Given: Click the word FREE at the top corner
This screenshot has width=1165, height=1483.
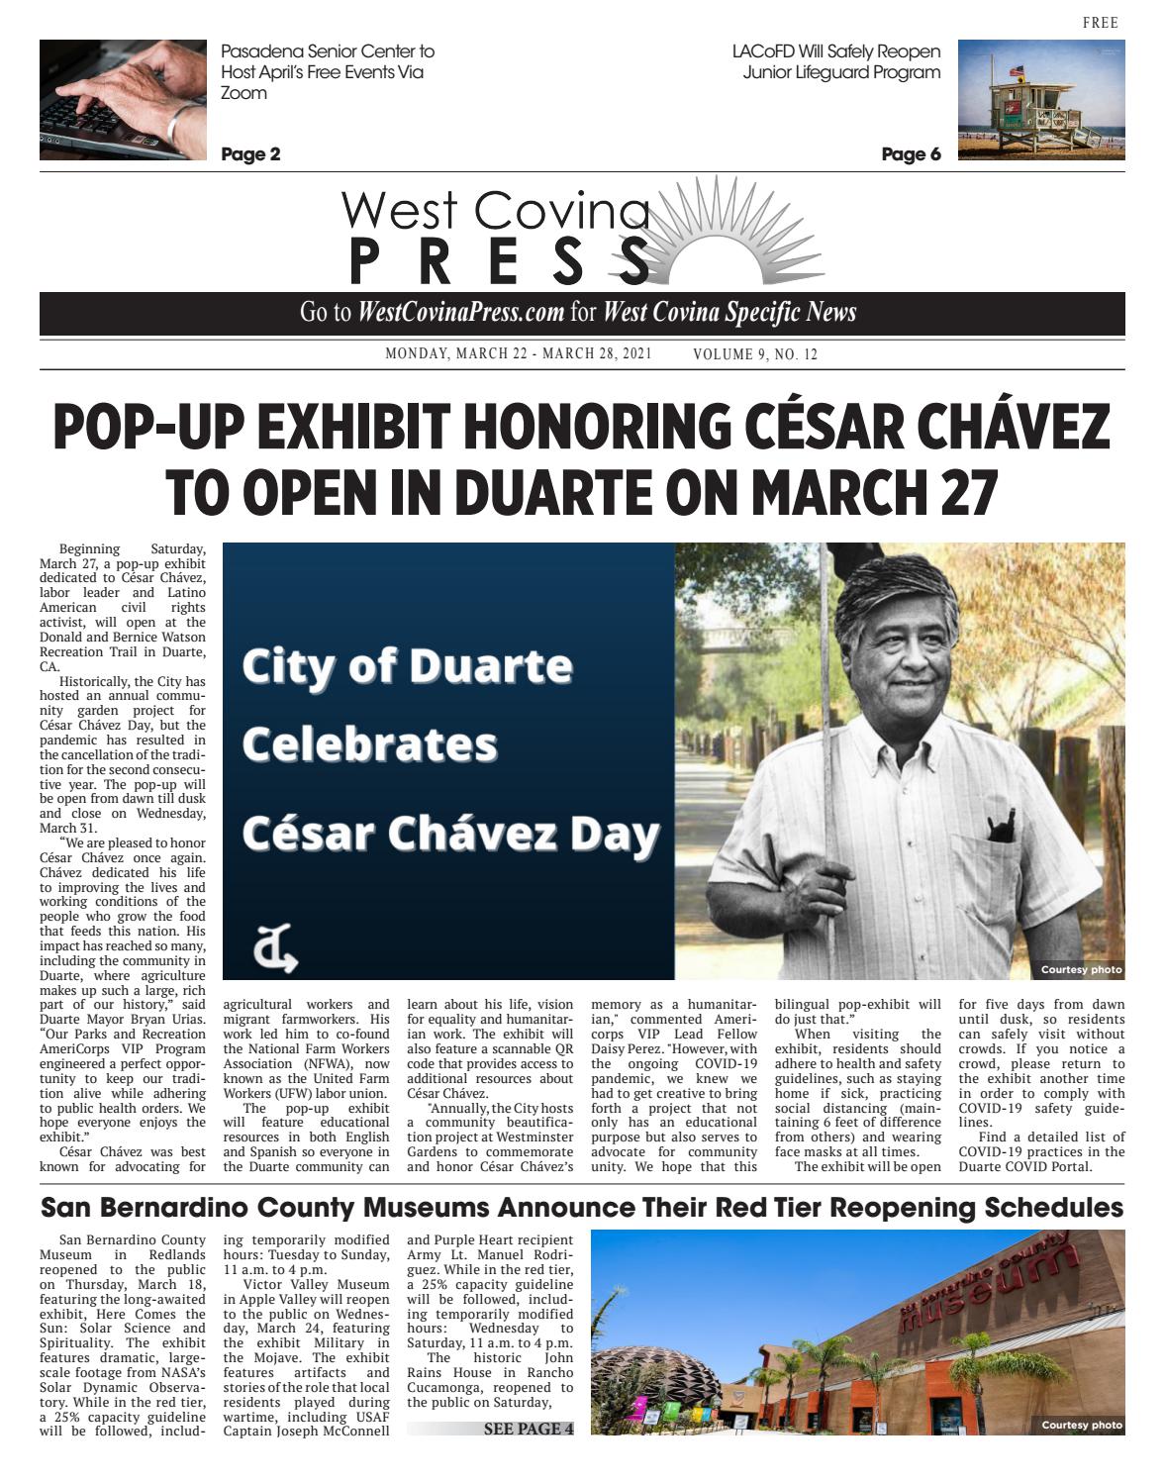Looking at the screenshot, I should click(x=1101, y=23).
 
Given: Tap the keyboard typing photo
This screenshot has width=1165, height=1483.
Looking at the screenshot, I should click(x=122, y=99).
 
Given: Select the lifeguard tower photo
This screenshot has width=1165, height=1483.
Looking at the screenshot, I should click(x=1041, y=100).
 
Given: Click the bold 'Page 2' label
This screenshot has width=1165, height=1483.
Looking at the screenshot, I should click(x=250, y=154).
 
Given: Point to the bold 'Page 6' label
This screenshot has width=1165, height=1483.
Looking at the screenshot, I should click(x=911, y=154).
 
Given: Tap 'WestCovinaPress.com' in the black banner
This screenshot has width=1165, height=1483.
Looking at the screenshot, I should click(x=461, y=313).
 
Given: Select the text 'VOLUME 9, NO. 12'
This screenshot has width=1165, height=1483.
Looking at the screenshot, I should click(x=756, y=355).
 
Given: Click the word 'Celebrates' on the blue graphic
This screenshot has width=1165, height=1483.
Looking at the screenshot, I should click(x=370, y=743).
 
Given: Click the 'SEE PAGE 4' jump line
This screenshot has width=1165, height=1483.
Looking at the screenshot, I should click(x=528, y=1429).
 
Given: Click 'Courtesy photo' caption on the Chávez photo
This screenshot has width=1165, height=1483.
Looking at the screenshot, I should click(x=1081, y=969).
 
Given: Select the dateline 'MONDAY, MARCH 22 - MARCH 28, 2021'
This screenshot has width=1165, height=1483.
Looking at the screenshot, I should click(x=519, y=355).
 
